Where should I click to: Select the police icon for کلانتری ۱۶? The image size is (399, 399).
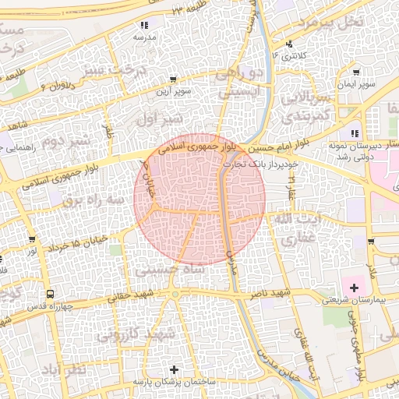(x=290, y=44)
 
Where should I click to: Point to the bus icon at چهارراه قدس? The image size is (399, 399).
(x=51, y=294)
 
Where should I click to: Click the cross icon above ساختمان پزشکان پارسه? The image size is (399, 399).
(x=173, y=369)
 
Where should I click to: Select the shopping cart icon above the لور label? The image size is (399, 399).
(x=31, y=239)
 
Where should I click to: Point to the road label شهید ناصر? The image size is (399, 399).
(x=270, y=294)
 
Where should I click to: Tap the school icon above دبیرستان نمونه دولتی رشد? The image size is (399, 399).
(x=355, y=132)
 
